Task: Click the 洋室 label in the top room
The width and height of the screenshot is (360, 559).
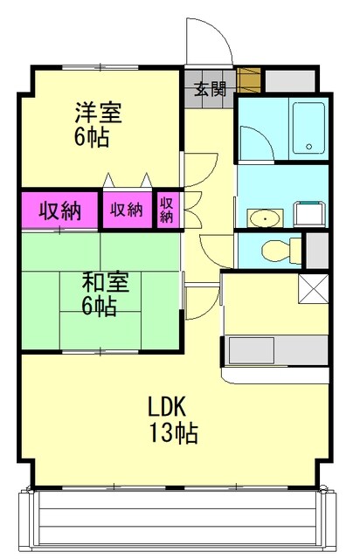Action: point(97,113)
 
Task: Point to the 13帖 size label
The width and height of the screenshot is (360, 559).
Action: point(171,432)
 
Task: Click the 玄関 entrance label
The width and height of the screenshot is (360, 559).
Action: point(209,87)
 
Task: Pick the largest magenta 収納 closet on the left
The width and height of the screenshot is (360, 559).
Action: point(59,210)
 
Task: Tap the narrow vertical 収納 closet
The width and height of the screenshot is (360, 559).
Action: point(166,210)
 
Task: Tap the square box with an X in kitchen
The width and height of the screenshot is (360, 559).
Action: point(313,288)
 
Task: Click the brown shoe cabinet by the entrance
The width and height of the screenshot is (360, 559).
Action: point(251,81)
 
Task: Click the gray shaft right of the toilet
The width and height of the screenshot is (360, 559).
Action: point(318,250)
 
